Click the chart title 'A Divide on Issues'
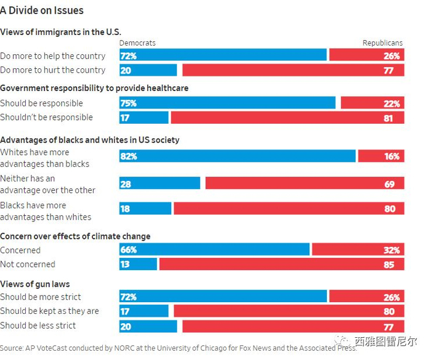[42, 10]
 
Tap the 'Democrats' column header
[137, 43]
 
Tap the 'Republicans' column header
[382, 43]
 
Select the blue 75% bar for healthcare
[227, 103]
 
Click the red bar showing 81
[287, 118]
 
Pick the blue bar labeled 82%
[237, 156]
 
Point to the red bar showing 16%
[381, 156]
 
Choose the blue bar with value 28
[159, 183]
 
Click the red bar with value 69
[304, 183]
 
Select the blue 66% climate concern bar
[214, 250]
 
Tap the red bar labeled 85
[281, 264]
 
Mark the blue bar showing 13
[138, 264]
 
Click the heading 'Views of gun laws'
[35, 284]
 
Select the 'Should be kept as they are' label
[49, 311]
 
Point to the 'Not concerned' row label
[28, 264]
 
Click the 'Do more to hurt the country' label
[53, 70]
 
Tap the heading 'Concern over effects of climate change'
[75, 236]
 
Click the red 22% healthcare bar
[373, 103]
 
